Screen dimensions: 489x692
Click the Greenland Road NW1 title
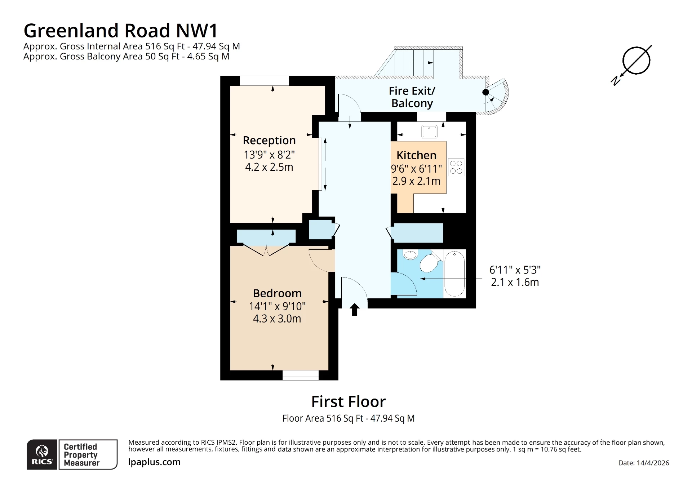coord(121,31)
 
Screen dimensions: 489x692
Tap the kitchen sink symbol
coord(429,132)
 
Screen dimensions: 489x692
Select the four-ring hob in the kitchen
coord(456,167)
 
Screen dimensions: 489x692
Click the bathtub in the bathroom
coord(454,274)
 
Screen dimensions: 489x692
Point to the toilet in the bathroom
coord(429,263)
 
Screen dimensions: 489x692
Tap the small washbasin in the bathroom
coord(411,255)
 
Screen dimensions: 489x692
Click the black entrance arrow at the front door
coord(355,310)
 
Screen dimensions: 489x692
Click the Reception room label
coord(269,140)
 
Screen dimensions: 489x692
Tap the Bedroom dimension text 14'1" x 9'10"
coord(277,306)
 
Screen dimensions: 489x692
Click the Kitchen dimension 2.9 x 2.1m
coord(416,181)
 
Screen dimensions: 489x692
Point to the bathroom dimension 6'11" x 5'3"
coord(515,270)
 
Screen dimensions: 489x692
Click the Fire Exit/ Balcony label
coord(412,97)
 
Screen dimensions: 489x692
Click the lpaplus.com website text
coord(154,462)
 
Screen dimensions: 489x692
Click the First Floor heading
coord(348,401)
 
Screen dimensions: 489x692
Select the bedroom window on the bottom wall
coord(300,375)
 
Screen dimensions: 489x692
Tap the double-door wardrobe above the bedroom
coord(266,236)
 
